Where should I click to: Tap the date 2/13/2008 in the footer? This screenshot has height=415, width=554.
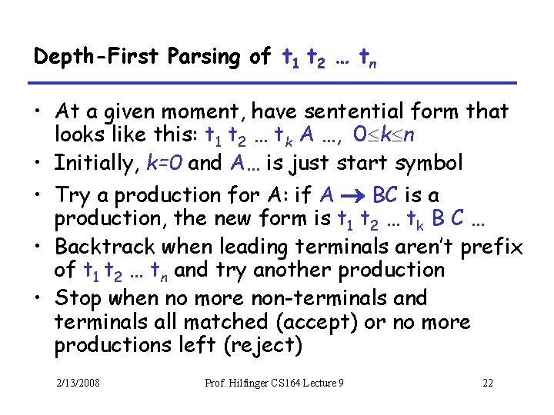point(77,383)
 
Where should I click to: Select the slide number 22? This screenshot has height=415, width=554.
point(487,383)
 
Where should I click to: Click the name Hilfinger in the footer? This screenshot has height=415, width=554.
point(255,383)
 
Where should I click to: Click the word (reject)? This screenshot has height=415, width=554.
point(262,346)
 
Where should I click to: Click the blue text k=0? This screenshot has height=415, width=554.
point(164,163)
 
